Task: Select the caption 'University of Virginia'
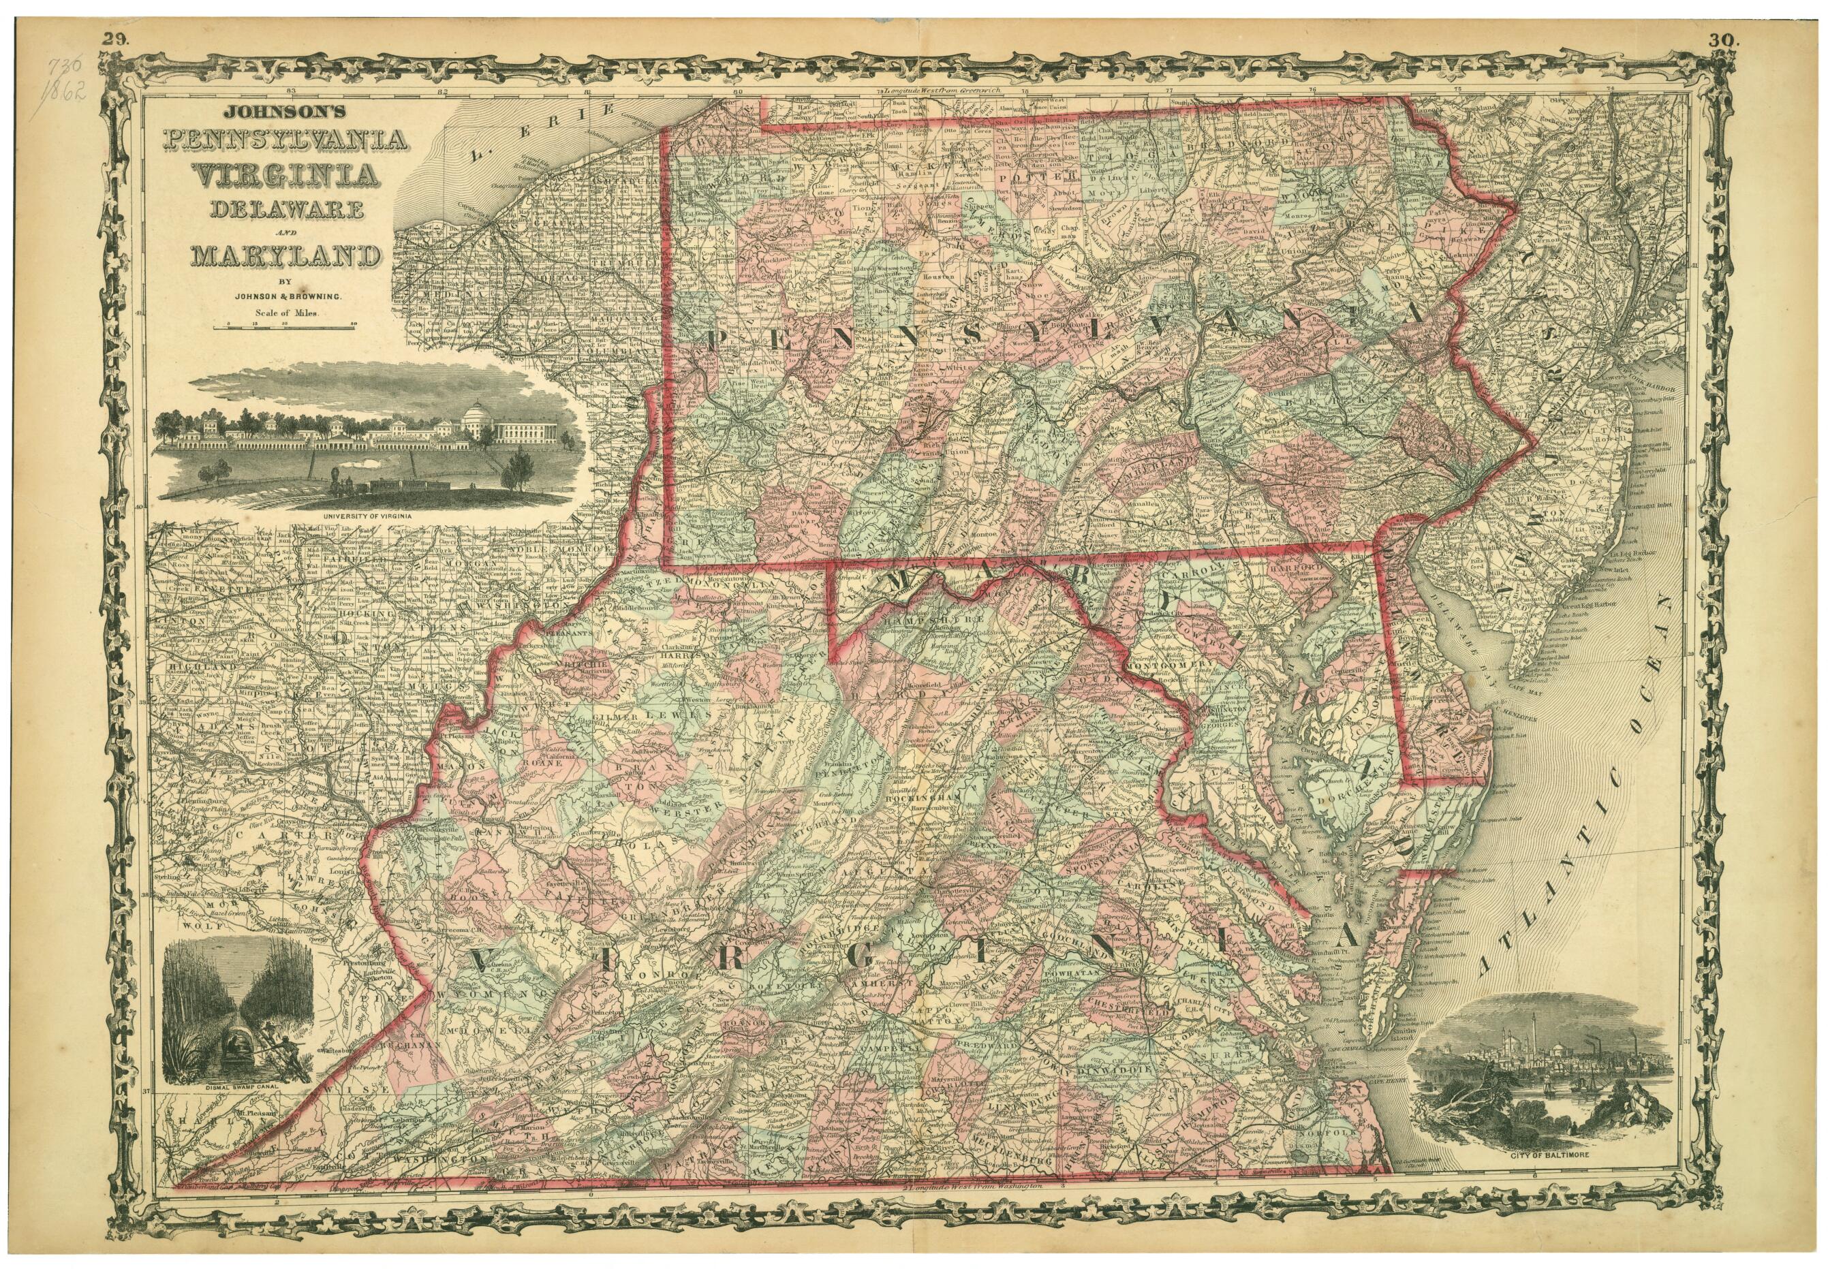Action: [x=367, y=516]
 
